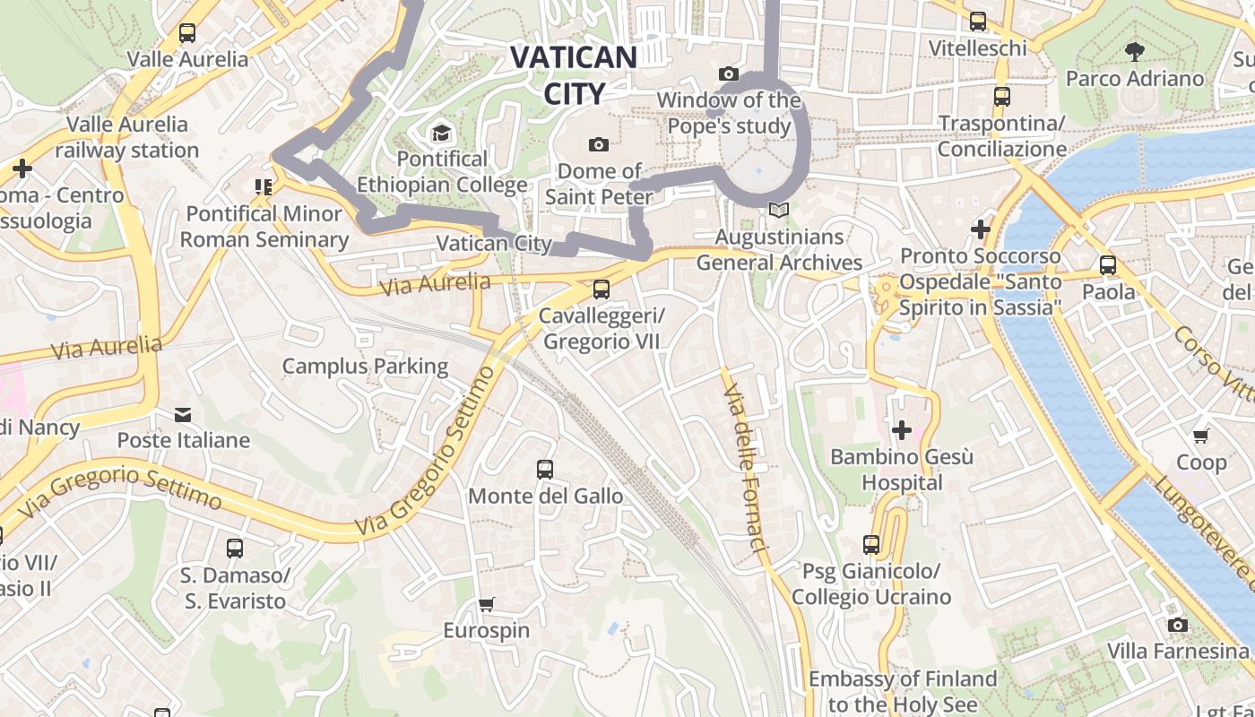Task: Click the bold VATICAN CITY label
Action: click(x=574, y=75)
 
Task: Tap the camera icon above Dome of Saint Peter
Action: click(x=599, y=144)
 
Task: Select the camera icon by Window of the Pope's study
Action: click(x=729, y=74)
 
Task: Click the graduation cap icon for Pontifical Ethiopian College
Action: click(x=441, y=134)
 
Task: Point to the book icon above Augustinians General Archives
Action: click(x=779, y=211)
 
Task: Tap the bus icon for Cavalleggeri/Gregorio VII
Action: click(x=602, y=289)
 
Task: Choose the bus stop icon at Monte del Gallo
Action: click(x=545, y=469)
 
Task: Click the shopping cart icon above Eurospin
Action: click(x=487, y=604)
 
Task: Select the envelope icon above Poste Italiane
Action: click(x=183, y=414)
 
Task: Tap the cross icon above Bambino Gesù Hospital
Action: click(x=902, y=430)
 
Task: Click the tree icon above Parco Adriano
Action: click(x=1135, y=51)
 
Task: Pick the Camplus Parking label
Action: click(x=365, y=366)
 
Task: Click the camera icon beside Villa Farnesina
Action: click(x=1178, y=625)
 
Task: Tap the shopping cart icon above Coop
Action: click(x=1201, y=436)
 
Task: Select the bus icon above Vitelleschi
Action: click(x=978, y=22)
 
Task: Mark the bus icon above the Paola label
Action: click(x=1108, y=265)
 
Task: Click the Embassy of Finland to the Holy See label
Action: click(x=903, y=692)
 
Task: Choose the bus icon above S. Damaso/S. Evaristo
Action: click(x=235, y=548)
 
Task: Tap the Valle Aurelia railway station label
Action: click(x=127, y=137)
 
